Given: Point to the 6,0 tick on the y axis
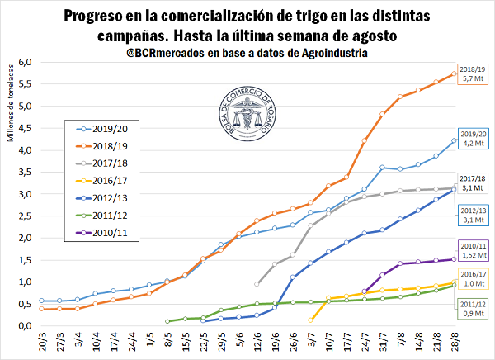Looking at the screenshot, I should point(25,63).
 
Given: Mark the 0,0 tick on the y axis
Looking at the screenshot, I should point(25,326).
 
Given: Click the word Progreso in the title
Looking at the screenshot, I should point(97,16).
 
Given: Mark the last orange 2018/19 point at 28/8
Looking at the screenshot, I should point(454,73).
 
